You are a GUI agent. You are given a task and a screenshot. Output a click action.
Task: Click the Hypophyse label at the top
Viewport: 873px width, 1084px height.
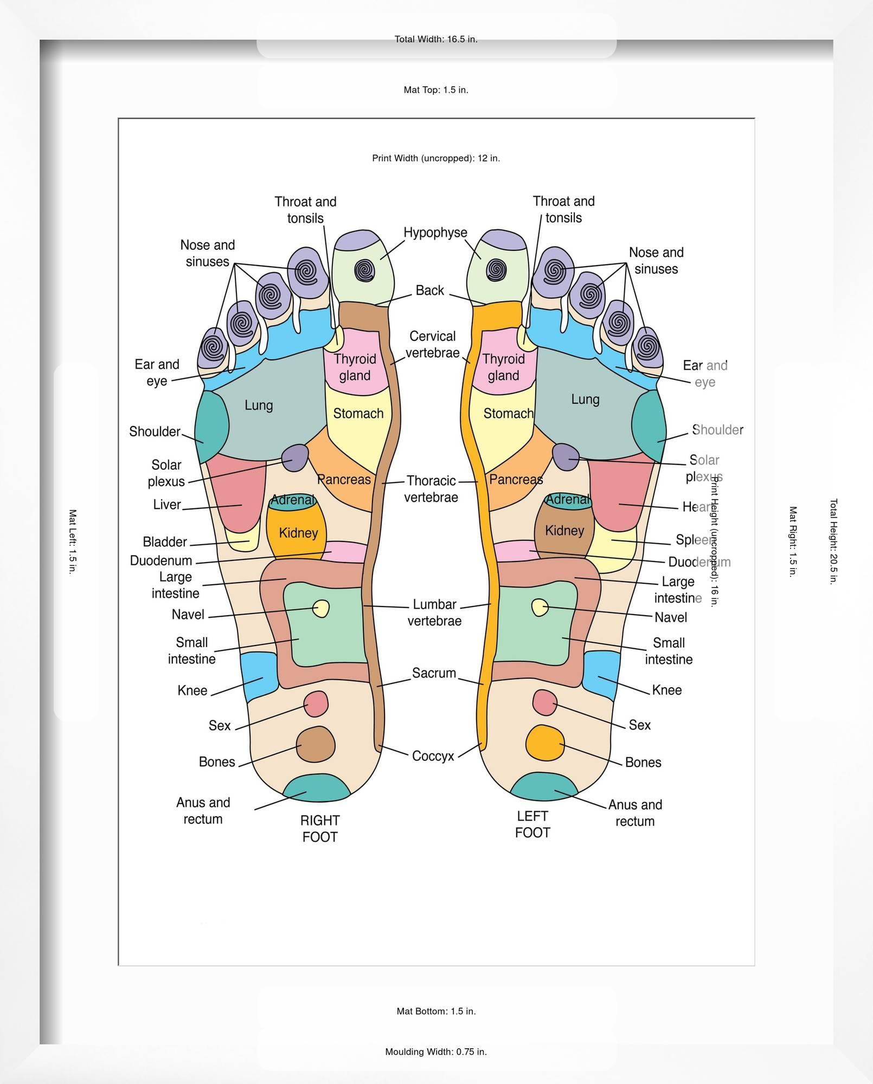435,233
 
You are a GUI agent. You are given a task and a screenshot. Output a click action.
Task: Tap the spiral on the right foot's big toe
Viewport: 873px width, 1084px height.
364,270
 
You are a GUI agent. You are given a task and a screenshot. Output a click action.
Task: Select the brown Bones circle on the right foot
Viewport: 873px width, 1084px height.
315,744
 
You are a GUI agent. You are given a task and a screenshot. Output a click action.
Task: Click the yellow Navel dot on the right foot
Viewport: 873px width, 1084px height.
321,608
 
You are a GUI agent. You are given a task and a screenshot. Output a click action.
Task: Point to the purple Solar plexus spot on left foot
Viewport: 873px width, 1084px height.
566,456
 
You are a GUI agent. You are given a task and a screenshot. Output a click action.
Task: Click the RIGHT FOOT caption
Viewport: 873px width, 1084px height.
320,828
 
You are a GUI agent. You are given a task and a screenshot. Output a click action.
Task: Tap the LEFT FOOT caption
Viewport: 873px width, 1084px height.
532,824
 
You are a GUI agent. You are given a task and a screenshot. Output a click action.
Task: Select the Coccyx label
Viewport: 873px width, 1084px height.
433,756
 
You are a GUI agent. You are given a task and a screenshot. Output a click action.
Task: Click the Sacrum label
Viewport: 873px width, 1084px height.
434,673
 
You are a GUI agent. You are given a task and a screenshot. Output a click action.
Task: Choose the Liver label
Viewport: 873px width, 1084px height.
166,505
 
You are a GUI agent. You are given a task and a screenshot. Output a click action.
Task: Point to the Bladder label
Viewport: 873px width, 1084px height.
165,541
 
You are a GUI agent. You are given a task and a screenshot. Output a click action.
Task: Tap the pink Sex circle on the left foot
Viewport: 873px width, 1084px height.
545,702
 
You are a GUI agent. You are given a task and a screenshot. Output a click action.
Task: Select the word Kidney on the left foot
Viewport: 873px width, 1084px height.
564,530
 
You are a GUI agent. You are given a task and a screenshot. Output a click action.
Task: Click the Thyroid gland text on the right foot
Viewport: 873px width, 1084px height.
355,367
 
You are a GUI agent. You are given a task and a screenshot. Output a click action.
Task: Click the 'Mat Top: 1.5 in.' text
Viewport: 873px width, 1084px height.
436,90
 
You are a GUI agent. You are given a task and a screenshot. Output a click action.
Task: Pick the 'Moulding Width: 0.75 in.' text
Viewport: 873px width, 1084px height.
436,1052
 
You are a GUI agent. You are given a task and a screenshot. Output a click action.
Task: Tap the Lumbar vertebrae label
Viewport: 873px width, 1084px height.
434,612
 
